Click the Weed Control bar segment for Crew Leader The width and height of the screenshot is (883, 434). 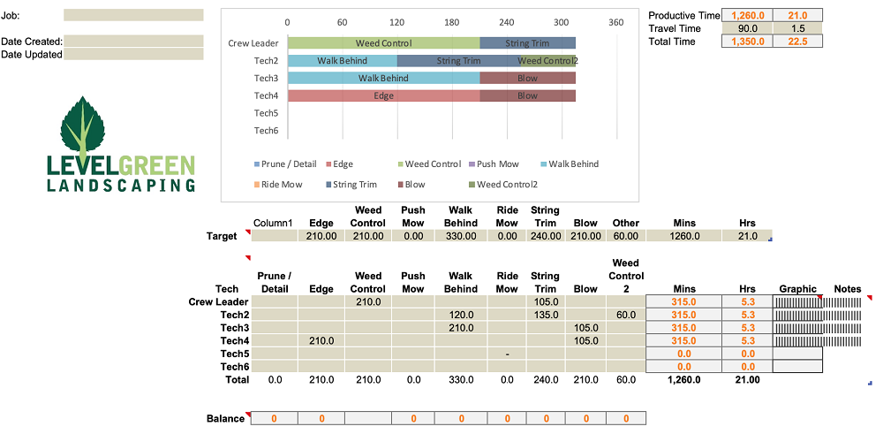pyautogui.click(x=383, y=42)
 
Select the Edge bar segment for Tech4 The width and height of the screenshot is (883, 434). pyautogui.click(x=383, y=95)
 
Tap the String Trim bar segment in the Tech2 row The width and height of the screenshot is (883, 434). pyautogui.click(x=457, y=60)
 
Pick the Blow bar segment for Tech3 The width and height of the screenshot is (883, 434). pyautogui.click(x=527, y=78)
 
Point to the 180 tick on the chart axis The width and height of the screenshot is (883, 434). pyautogui.click(x=452, y=22)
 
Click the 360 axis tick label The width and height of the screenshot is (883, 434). pyautogui.click(x=616, y=22)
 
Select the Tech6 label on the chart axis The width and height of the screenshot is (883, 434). pyautogui.click(x=266, y=131)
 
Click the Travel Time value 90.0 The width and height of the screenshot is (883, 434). pyautogui.click(x=747, y=28)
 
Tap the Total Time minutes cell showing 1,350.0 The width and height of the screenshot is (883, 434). pyautogui.click(x=747, y=42)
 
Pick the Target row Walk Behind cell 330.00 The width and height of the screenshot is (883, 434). pyautogui.click(x=460, y=236)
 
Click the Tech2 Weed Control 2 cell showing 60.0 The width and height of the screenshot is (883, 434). pyautogui.click(x=625, y=315)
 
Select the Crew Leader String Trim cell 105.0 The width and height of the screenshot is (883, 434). pyautogui.click(x=545, y=301)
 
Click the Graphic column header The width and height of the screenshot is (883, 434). pyautogui.click(x=797, y=288)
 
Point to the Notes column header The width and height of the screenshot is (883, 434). pyautogui.click(x=847, y=288)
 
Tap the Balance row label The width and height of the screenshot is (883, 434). pyautogui.click(x=224, y=418)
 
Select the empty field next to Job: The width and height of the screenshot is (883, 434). pyautogui.click(x=133, y=15)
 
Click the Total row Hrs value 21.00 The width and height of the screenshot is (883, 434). pyautogui.click(x=747, y=380)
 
